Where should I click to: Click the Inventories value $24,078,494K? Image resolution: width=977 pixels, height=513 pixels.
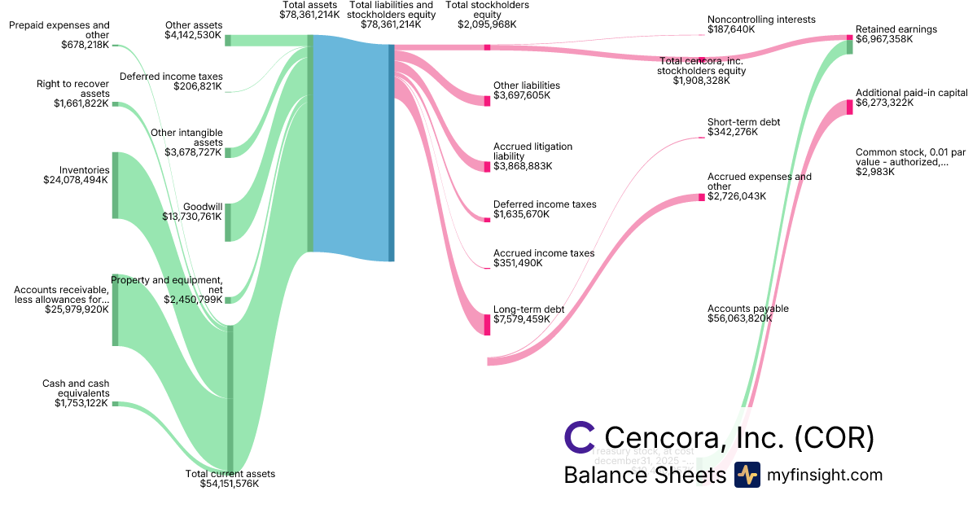coord(76,180)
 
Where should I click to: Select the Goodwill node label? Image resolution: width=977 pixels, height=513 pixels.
coord(203,207)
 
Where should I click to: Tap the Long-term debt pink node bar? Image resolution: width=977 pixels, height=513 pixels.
coord(488,319)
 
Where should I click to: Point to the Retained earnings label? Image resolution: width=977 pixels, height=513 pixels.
coord(896,29)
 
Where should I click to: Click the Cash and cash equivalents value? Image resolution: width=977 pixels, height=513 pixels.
coord(81,403)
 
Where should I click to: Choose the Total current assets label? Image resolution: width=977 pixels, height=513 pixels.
coord(230,474)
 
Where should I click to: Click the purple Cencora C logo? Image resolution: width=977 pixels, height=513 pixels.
coord(580,436)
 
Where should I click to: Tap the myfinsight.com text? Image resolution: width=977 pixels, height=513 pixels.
coord(824,475)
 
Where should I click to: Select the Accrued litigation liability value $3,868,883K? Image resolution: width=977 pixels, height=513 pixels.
coord(523,166)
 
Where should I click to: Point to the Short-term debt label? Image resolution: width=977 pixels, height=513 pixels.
coord(743,122)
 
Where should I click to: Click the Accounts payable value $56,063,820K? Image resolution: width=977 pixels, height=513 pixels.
coord(740,319)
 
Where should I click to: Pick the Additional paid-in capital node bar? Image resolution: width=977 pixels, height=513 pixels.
coord(849,107)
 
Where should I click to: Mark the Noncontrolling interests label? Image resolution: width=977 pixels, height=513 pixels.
coord(761,20)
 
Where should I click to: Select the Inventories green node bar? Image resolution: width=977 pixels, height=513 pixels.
coord(115,185)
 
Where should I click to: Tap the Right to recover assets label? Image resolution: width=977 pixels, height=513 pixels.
coord(72,89)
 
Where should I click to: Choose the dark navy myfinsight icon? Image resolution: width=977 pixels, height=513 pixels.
coord(747,475)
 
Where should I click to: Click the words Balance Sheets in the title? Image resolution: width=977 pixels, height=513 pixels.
coord(644,475)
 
